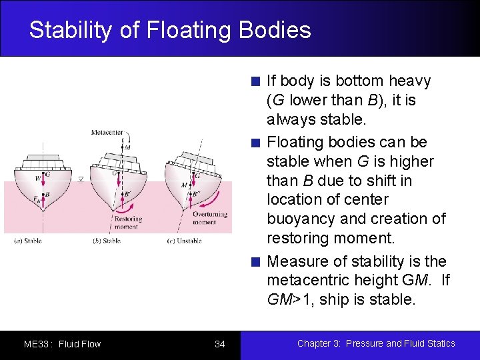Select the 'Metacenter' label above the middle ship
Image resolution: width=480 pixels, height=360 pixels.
[107, 133]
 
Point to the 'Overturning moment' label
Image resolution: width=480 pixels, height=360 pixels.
[209, 218]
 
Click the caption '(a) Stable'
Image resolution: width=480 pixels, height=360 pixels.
[28, 241]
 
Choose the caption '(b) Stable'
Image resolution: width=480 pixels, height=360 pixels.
[107, 241]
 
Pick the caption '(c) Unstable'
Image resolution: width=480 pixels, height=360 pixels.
[184, 241]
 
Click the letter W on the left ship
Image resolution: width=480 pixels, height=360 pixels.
[38, 177]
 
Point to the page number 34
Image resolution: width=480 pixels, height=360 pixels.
[220, 344]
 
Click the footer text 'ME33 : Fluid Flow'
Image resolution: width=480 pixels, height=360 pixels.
[62, 344]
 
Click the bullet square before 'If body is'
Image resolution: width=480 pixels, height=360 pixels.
[255, 82]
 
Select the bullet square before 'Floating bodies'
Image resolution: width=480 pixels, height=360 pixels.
[255, 143]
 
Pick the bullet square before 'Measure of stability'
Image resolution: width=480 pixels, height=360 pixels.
[255, 262]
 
